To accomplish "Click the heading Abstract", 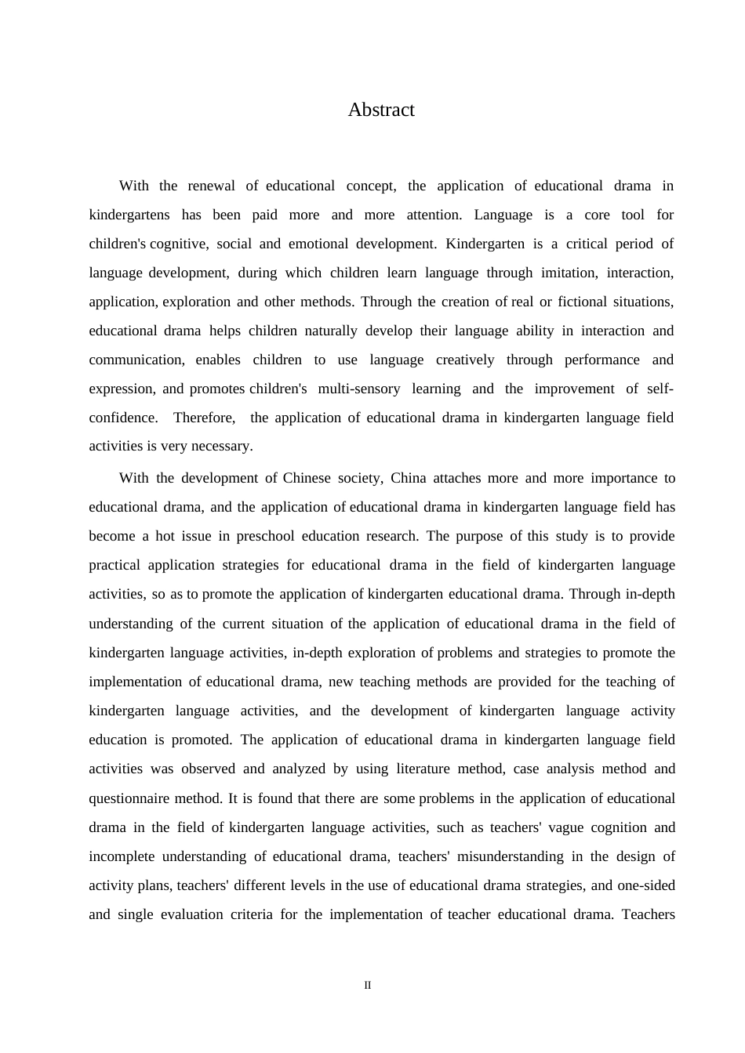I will click(x=381, y=110).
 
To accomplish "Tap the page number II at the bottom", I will click(x=367, y=985).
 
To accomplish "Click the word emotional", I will click(x=318, y=244).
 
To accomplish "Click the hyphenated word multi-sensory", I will click(x=359, y=389).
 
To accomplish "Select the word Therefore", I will click(x=205, y=418).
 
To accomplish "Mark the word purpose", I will click(x=479, y=536).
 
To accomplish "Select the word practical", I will click(x=114, y=565).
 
